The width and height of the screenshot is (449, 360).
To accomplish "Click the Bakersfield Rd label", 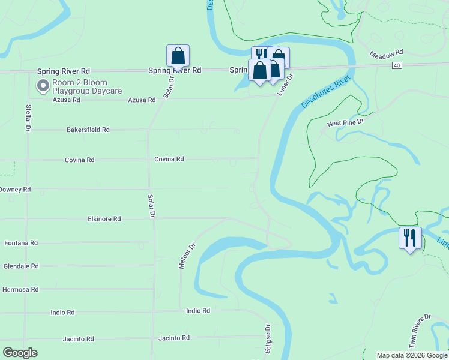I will pyautogui.click(x=88, y=130).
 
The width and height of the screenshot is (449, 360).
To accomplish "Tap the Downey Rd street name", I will pyautogui.click(x=14, y=190).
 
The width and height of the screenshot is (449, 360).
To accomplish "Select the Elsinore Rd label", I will pyautogui.click(x=104, y=219).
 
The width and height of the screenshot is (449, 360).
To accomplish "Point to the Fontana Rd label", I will pyautogui.click(x=21, y=243).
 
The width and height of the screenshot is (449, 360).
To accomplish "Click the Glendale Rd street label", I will pyautogui.click(x=21, y=266).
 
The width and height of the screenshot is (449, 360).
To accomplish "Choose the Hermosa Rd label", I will pyautogui.click(x=20, y=289).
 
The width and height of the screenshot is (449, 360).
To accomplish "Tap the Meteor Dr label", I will pyautogui.click(x=188, y=256).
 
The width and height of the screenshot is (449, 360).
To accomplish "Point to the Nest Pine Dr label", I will pyautogui.click(x=345, y=123).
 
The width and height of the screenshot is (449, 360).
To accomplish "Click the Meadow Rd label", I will pyautogui.click(x=385, y=53).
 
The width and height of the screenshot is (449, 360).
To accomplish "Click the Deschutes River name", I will pyautogui.click(x=325, y=92).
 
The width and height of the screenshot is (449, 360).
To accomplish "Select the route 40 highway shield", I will pyautogui.click(x=397, y=65).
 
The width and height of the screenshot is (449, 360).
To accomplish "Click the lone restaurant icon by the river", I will pyautogui.click(x=411, y=238).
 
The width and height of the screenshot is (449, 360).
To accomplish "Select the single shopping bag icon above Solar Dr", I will pyautogui.click(x=178, y=56).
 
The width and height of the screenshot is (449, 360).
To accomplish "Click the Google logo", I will pyautogui.click(x=20, y=353).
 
